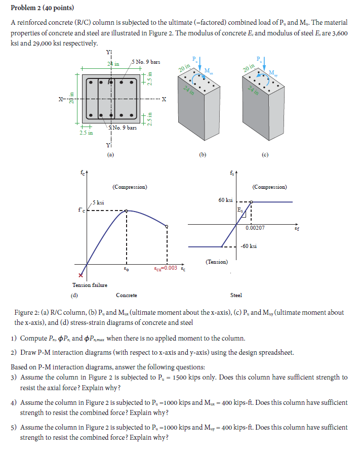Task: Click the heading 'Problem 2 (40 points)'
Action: [x=42, y=8]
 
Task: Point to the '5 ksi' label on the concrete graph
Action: [x=99, y=203]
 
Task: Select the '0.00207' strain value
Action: [x=255, y=228]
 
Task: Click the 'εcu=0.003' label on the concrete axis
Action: [x=166, y=268]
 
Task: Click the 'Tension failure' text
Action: [x=89, y=285]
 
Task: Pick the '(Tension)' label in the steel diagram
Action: [x=216, y=262]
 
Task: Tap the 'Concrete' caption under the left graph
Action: [x=127, y=295]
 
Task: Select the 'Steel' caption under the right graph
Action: [x=236, y=295]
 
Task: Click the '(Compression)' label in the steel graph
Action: [x=269, y=187]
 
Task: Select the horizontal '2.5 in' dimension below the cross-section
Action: [x=86, y=133]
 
